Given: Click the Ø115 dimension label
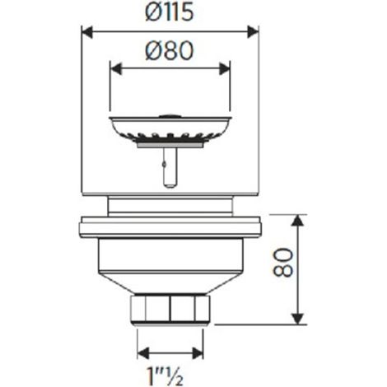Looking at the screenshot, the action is point(170,12).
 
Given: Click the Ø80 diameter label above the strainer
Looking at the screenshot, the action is point(170,51).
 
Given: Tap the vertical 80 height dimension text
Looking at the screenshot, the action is point(283,263).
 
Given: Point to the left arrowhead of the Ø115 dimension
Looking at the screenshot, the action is point(87,32).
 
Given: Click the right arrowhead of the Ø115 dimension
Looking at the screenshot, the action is point(253,32).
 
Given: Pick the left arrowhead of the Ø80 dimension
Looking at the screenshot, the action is point(115,68).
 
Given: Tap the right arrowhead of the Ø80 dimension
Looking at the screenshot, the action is point(224,68).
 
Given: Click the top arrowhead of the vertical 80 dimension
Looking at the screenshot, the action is point(297,220).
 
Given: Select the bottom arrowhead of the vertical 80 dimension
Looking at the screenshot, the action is point(297,319).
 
